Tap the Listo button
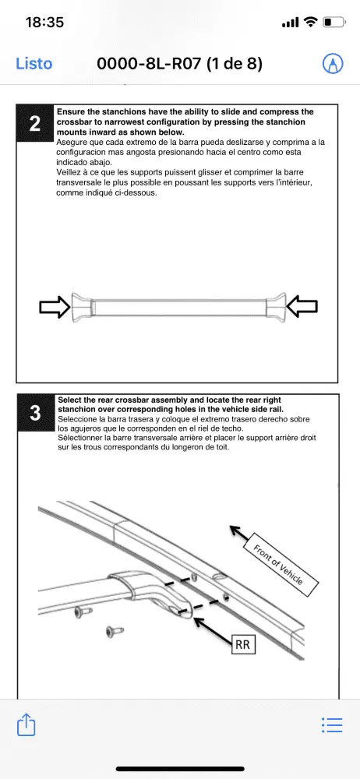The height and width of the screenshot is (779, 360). click(x=34, y=64)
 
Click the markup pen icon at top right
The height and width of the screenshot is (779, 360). click(x=333, y=64)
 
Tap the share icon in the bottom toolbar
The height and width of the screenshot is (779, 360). click(x=26, y=724)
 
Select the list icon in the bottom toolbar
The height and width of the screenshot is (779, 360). click(x=332, y=724)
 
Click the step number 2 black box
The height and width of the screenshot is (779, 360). click(x=35, y=124)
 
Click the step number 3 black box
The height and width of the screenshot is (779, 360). click(x=35, y=414)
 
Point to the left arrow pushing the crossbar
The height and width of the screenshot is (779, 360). click(x=55, y=306)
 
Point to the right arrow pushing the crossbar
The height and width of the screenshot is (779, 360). click(x=302, y=306)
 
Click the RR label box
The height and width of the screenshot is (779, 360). click(x=242, y=645)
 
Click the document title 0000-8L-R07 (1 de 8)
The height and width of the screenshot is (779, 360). click(x=179, y=64)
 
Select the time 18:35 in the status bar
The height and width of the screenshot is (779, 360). click(x=44, y=22)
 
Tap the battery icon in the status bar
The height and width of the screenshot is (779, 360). click(x=334, y=22)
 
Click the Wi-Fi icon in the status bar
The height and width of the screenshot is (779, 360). click(x=311, y=22)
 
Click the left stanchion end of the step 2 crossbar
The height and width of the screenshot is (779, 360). click(x=82, y=305)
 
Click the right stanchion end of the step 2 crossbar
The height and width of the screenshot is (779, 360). click(x=276, y=305)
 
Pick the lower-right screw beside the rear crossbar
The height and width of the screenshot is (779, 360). click(x=114, y=632)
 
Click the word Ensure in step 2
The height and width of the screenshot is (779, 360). click(x=69, y=112)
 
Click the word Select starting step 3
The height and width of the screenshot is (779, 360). click(x=69, y=400)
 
